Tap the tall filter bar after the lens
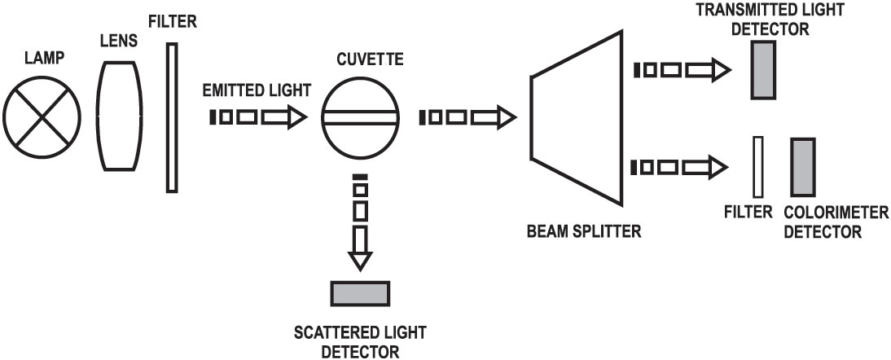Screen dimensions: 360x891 point(172,117)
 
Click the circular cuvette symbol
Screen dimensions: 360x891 point(359,118)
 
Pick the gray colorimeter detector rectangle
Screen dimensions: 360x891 point(801,166)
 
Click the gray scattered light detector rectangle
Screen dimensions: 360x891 point(359,292)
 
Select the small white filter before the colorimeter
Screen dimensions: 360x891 point(758,166)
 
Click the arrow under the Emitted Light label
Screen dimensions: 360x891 point(257,117)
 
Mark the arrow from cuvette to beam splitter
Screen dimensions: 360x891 point(467,118)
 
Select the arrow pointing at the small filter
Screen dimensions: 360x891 point(678,168)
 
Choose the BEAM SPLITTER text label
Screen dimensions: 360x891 point(584,230)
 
